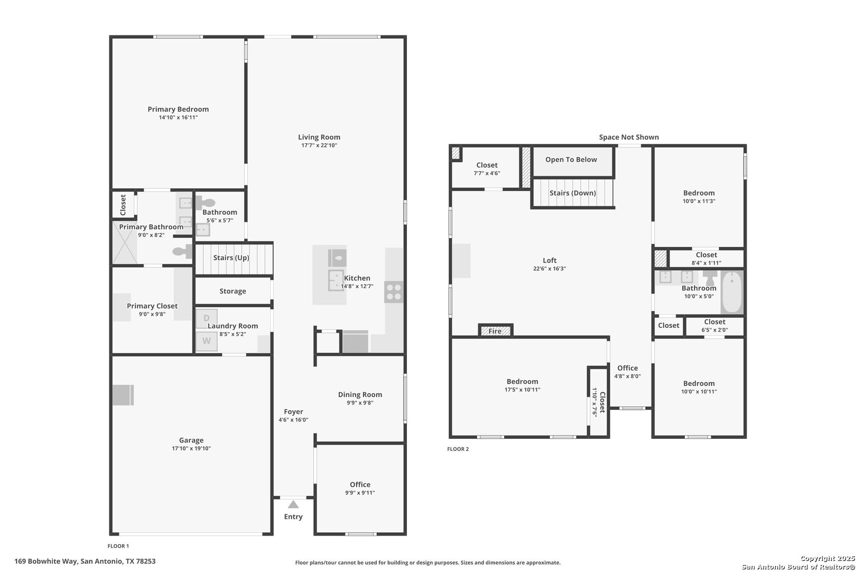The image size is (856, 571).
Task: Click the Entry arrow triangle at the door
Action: pos(293,504)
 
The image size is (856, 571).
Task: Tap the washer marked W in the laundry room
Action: pos(207,341)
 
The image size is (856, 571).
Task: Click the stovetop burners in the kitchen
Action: pos(394,292)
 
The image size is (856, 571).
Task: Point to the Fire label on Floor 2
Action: pos(495,331)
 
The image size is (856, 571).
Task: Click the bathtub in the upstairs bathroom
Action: pos(732,292)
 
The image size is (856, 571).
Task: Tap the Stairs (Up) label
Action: pos(231,258)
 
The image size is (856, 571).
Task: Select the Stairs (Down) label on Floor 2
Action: pos(572,193)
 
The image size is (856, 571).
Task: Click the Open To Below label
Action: pos(571,160)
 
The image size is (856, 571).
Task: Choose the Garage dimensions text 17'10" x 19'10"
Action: pos(191,448)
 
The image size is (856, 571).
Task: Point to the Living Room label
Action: pos(319,137)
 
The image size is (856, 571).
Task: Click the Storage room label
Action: pos(232,291)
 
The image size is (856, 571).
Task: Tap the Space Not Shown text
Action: pos(629,137)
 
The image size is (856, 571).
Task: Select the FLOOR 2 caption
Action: pos(458,449)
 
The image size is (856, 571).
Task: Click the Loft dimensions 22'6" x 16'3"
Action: pos(550,269)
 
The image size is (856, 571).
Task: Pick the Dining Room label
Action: pos(360,395)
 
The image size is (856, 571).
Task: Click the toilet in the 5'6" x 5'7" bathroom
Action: pos(206,202)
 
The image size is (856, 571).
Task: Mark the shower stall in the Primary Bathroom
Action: pos(125,243)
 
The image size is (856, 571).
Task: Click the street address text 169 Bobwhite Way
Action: pos(46,561)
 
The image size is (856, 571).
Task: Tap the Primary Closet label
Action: pos(152,306)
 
